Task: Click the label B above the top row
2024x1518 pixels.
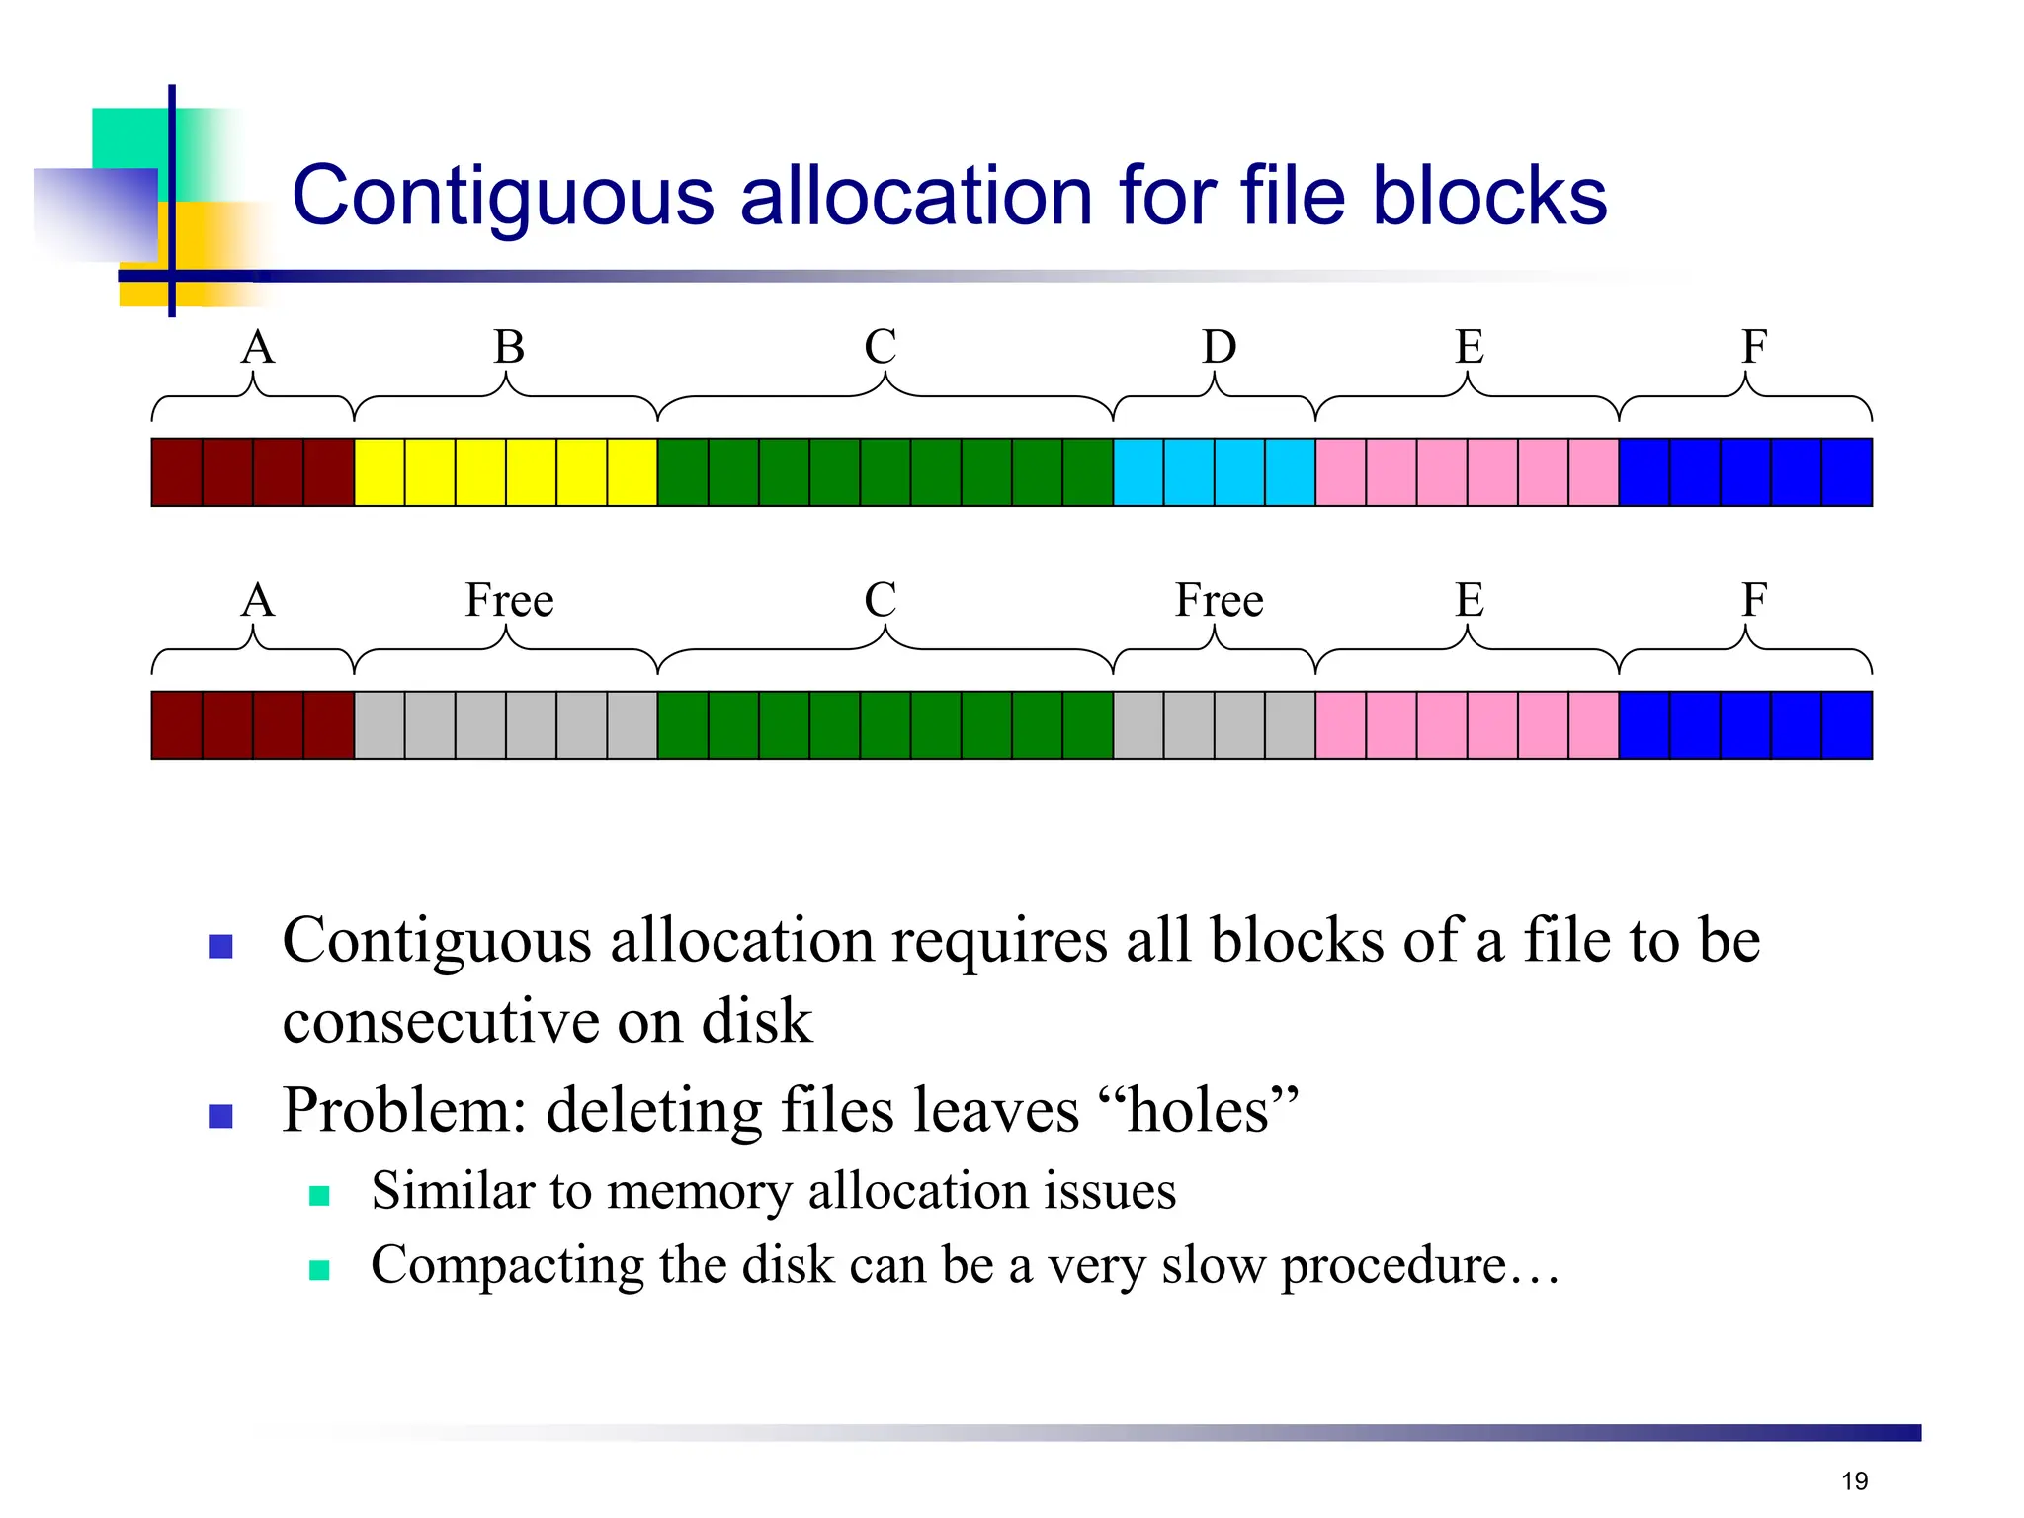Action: [x=509, y=347]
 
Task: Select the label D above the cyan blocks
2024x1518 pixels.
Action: [x=1219, y=347]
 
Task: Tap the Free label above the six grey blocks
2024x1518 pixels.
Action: [x=509, y=600]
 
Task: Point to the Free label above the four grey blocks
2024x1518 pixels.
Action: [x=1219, y=600]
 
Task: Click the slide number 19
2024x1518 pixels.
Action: [x=1854, y=1480]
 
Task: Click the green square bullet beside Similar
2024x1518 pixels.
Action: [x=319, y=1196]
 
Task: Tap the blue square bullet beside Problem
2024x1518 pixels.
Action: [x=220, y=1116]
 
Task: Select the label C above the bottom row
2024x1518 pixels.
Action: [x=881, y=600]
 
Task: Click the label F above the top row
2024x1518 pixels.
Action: [x=1753, y=347]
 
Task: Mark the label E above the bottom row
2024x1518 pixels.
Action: [x=1469, y=600]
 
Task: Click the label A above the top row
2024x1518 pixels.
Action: [x=258, y=347]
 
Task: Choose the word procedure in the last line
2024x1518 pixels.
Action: [x=1393, y=1266]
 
